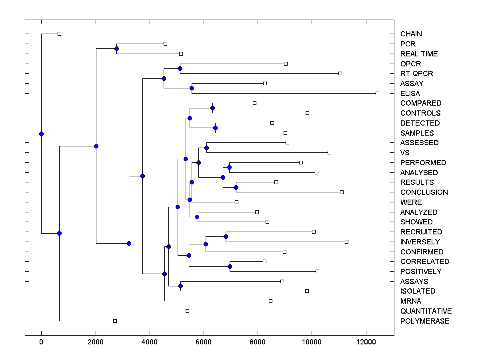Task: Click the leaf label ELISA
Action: [x=410, y=94]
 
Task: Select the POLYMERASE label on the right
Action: [x=425, y=321]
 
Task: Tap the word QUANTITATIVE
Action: [x=426, y=311]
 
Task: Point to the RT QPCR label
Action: [x=416, y=74]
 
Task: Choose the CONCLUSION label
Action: [x=424, y=192]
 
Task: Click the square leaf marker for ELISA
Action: [x=377, y=93]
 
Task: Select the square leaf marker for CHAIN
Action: [x=59, y=34]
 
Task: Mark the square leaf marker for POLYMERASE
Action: [x=115, y=321]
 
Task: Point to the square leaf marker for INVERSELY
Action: [x=346, y=242]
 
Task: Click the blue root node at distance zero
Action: [x=41, y=134]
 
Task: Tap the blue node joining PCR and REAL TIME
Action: [x=116, y=49]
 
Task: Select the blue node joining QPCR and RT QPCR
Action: [x=180, y=68]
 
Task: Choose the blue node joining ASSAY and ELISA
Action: [x=192, y=88]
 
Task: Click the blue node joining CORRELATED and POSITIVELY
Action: [x=230, y=266]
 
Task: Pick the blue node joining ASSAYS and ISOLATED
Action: [x=180, y=286]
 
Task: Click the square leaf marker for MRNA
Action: [x=270, y=301]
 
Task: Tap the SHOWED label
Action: [x=416, y=222]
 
